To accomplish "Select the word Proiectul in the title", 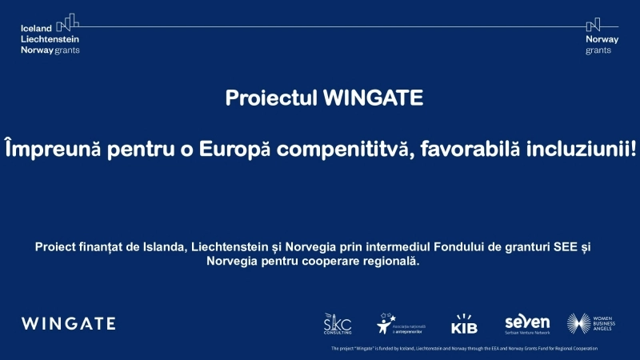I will click(270, 98).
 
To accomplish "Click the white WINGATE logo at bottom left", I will click(69, 324).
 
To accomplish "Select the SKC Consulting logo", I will click(337, 323).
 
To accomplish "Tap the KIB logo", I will click(464, 324).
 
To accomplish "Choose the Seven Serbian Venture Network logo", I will click(527, 323).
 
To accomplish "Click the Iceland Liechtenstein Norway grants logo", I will click(50, 34).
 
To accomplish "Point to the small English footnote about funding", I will click(464, 349).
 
